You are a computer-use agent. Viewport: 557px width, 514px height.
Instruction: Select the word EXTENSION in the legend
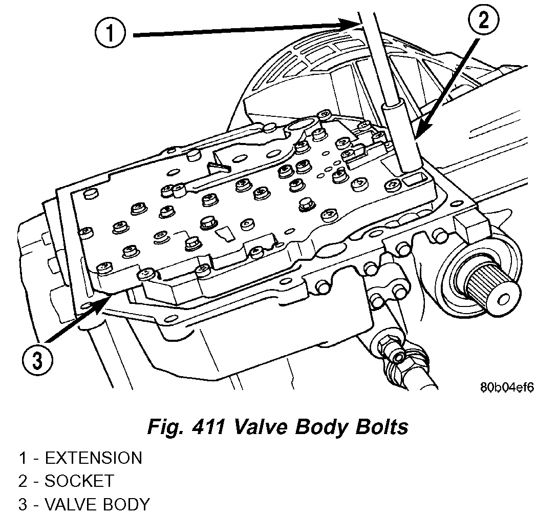(93, 458)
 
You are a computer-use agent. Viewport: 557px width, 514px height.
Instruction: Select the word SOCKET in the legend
(79, 481)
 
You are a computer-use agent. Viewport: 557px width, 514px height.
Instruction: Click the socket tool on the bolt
(402, 138)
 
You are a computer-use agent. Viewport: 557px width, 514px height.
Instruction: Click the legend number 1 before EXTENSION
(23, 458)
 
